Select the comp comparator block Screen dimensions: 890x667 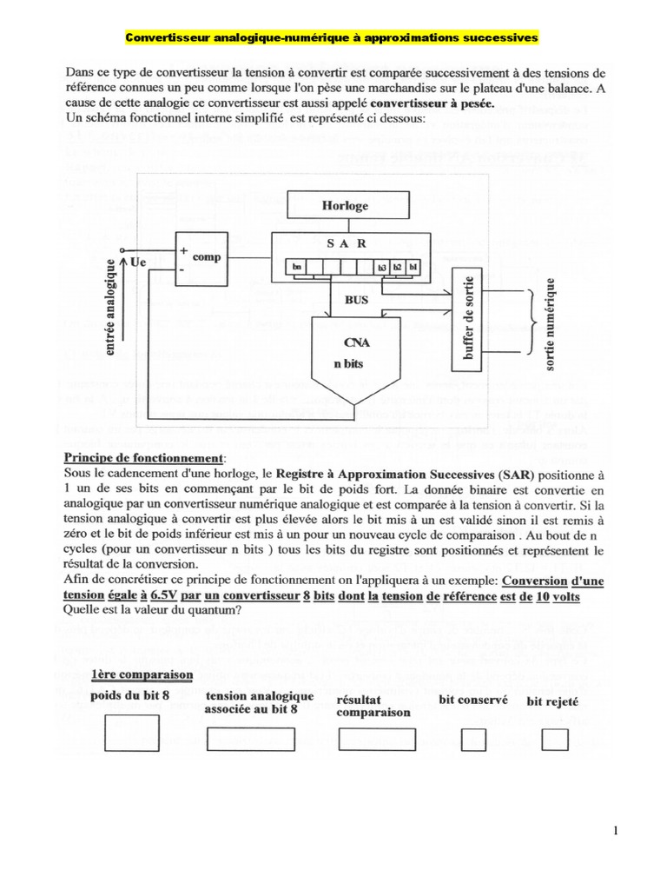[x=201, y=257]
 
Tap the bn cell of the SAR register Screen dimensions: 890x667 [x=299, y=267]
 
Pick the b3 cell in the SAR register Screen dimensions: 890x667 [x=382, y=267]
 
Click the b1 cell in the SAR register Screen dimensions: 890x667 [x=413, y=267]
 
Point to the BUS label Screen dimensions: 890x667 [x=356, y=300]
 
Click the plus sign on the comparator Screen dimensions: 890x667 [x=183, y=249]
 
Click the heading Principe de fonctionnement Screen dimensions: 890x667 [x=144, y=457]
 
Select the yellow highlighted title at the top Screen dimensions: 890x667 [x=333, y=38]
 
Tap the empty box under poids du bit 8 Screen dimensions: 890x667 [x=131, y=733]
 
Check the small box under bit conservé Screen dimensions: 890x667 [x=473, y=740]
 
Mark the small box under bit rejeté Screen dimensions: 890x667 [x=554, y=740]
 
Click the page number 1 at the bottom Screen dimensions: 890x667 [x=616, y=831]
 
